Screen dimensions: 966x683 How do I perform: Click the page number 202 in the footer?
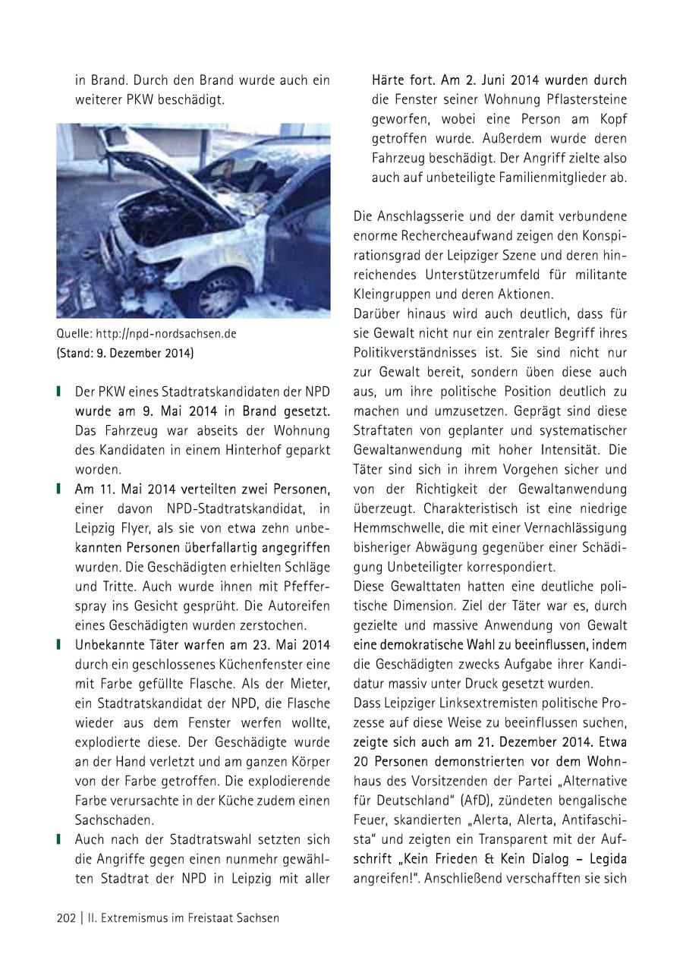click(67, 918)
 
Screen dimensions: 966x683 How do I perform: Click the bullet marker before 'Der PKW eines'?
click(59, 392)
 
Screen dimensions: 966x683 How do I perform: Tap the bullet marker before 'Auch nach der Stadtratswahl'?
click(59, 840)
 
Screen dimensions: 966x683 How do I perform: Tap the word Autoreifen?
click(295, 606)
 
